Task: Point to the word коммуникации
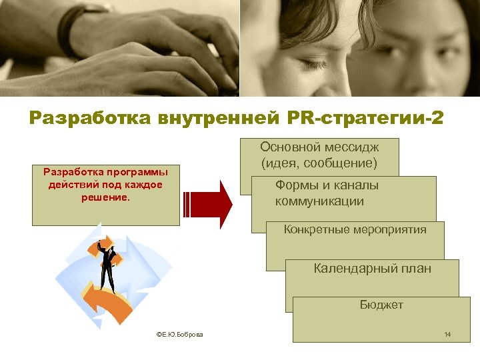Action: [319, 201]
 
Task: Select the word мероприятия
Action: [391, 230]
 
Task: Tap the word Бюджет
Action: [381, 305]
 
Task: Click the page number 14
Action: [447, 333]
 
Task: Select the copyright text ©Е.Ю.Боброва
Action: [180, 334]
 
